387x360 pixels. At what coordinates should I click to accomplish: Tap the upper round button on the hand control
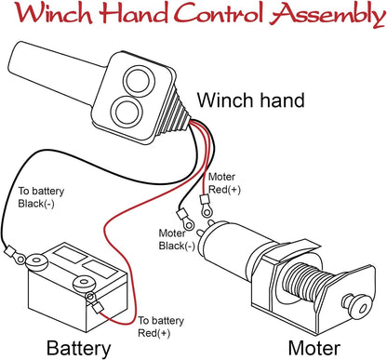coord(139,80)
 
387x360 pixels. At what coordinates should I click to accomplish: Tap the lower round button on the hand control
coord(127,110)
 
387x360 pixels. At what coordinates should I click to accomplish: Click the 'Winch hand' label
coord(251,100)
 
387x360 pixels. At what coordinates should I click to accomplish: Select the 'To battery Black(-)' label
coord(41,197)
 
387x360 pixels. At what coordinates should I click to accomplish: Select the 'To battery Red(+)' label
coord(161,327)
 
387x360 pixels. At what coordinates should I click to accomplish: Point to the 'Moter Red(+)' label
coord(224,183)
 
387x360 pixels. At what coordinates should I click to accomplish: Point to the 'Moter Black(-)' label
coord(177,239)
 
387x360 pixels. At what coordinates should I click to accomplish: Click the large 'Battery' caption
coord(78,349)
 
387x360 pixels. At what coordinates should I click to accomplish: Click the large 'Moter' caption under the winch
coord(314,348)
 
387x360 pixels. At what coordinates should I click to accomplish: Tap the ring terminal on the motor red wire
coord(206,207)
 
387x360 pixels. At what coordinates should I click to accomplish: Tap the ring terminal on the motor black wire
coord(185,219)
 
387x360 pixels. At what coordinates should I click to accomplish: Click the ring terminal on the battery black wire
coord(15,255)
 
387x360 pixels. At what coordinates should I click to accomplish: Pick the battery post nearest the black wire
coord(36,261)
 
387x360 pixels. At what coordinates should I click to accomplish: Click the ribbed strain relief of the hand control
coord(174,111)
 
